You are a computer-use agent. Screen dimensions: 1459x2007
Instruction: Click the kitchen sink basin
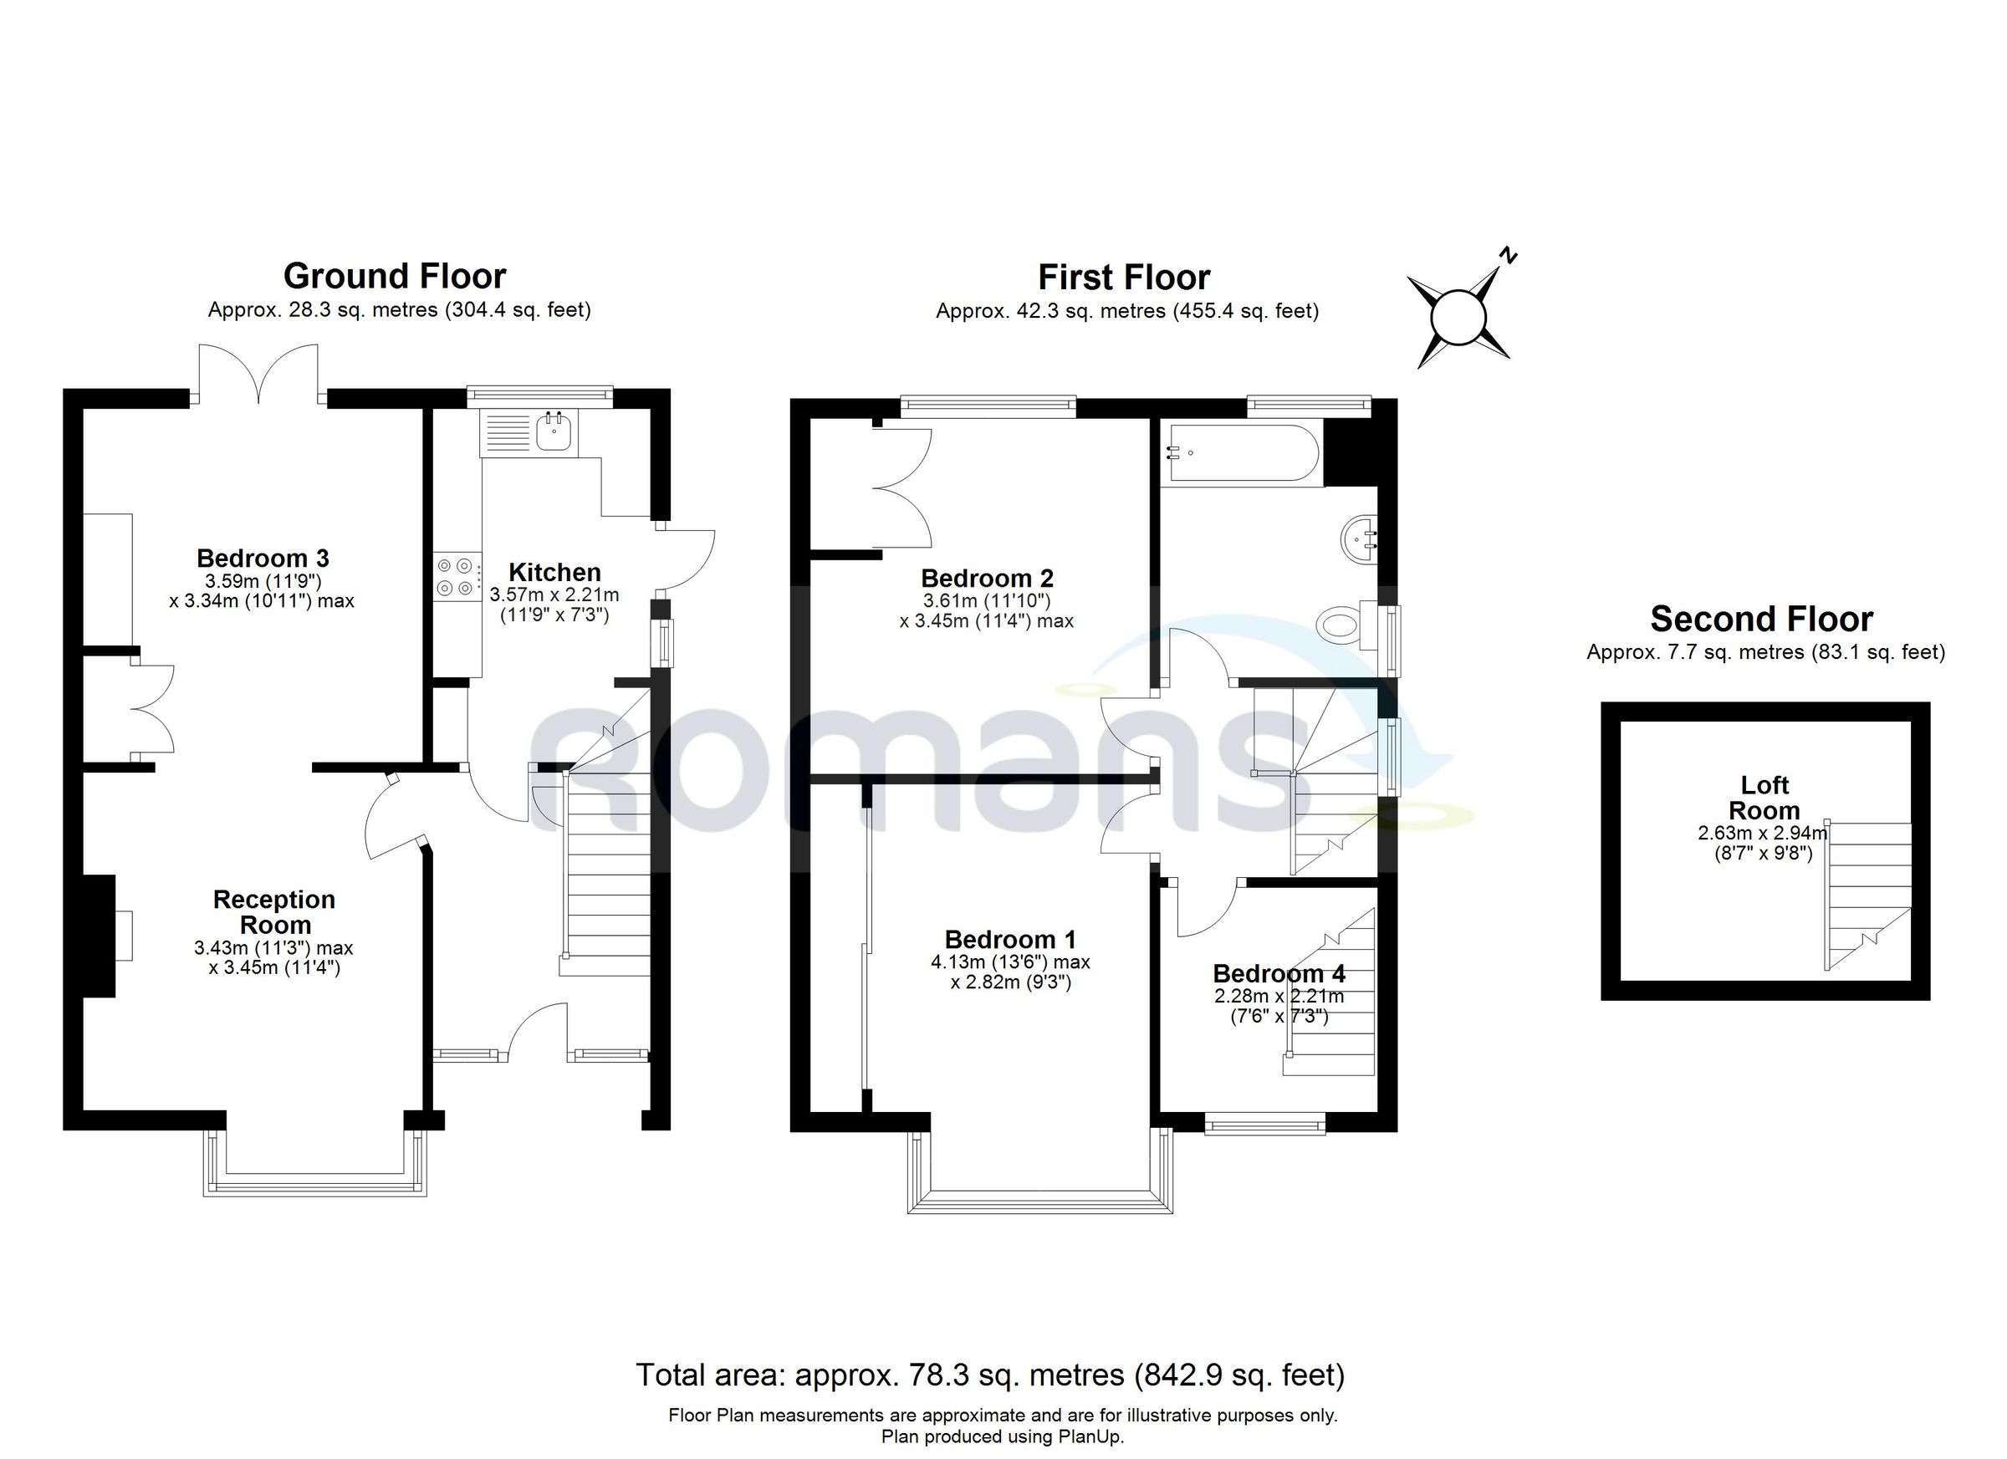[x=554, y=431]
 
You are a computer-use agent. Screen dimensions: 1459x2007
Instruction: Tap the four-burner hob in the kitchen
[x=456, y=576]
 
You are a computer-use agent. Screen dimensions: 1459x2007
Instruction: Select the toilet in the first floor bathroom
[x=1342, y=625]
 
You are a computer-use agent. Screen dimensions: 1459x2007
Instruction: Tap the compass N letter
[x=1509, y=257]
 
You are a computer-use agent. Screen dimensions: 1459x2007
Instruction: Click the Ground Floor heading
[x=395, y=276]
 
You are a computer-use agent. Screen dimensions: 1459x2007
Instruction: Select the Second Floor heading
[x=1761, y=619]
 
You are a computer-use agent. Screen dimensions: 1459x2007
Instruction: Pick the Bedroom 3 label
[x=263, y=559]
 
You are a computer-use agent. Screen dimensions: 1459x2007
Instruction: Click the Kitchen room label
[x=554, y=572]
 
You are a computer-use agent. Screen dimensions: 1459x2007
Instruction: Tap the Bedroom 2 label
[x=988, y=578]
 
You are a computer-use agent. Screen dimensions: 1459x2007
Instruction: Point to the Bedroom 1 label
[x=1010, y=939]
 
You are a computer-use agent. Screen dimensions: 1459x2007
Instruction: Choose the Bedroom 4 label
[x=1279, y=973]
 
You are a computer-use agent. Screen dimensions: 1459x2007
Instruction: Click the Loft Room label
[x=1764, y=797]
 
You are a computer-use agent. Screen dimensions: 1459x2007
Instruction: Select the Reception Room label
[x=275, y=912]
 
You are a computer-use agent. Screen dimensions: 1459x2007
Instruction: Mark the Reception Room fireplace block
[x=100, y=936]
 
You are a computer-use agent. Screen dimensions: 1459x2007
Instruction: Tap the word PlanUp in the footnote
[x=1090, y=1437]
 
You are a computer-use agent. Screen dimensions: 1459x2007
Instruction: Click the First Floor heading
[x=1124, y=278]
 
